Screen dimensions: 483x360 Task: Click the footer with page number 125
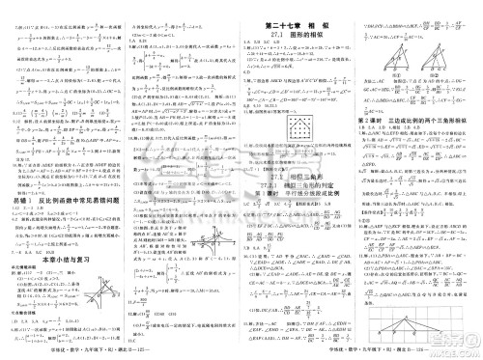pos(121,353)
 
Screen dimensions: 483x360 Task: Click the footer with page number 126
pos(361,353)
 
